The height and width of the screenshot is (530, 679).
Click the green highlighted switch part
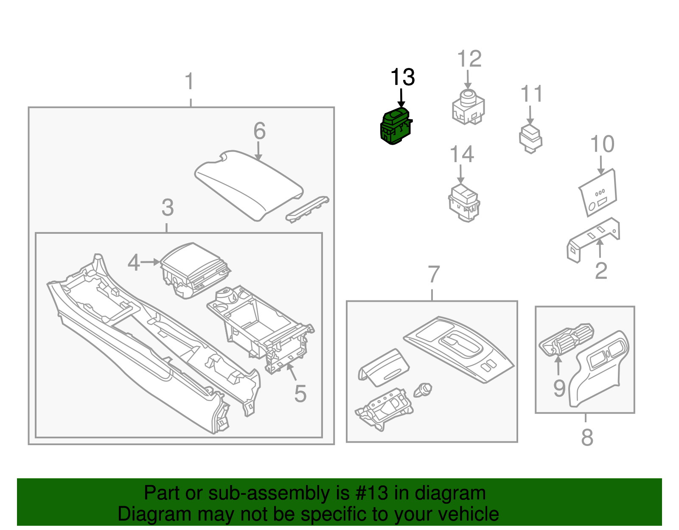(x=396, y=126)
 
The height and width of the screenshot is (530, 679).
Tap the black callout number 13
(x=402, y=77)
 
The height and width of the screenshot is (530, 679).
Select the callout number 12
(x=469, y=59)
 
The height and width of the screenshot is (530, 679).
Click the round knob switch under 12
(x=468, y=107)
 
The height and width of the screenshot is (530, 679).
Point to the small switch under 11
(x=530, y=138)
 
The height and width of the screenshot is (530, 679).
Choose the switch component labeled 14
(x=465, y=203)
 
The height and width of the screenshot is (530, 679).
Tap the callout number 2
(x=601, y=270)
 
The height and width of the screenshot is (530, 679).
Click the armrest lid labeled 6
(x=249, y=185)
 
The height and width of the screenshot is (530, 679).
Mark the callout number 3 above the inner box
(x=168, y=208)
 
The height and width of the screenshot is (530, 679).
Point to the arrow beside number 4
(x=150, y=262)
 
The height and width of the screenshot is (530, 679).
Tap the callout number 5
(x=300, y=394)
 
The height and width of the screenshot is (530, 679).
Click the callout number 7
(x=433, y=275)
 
